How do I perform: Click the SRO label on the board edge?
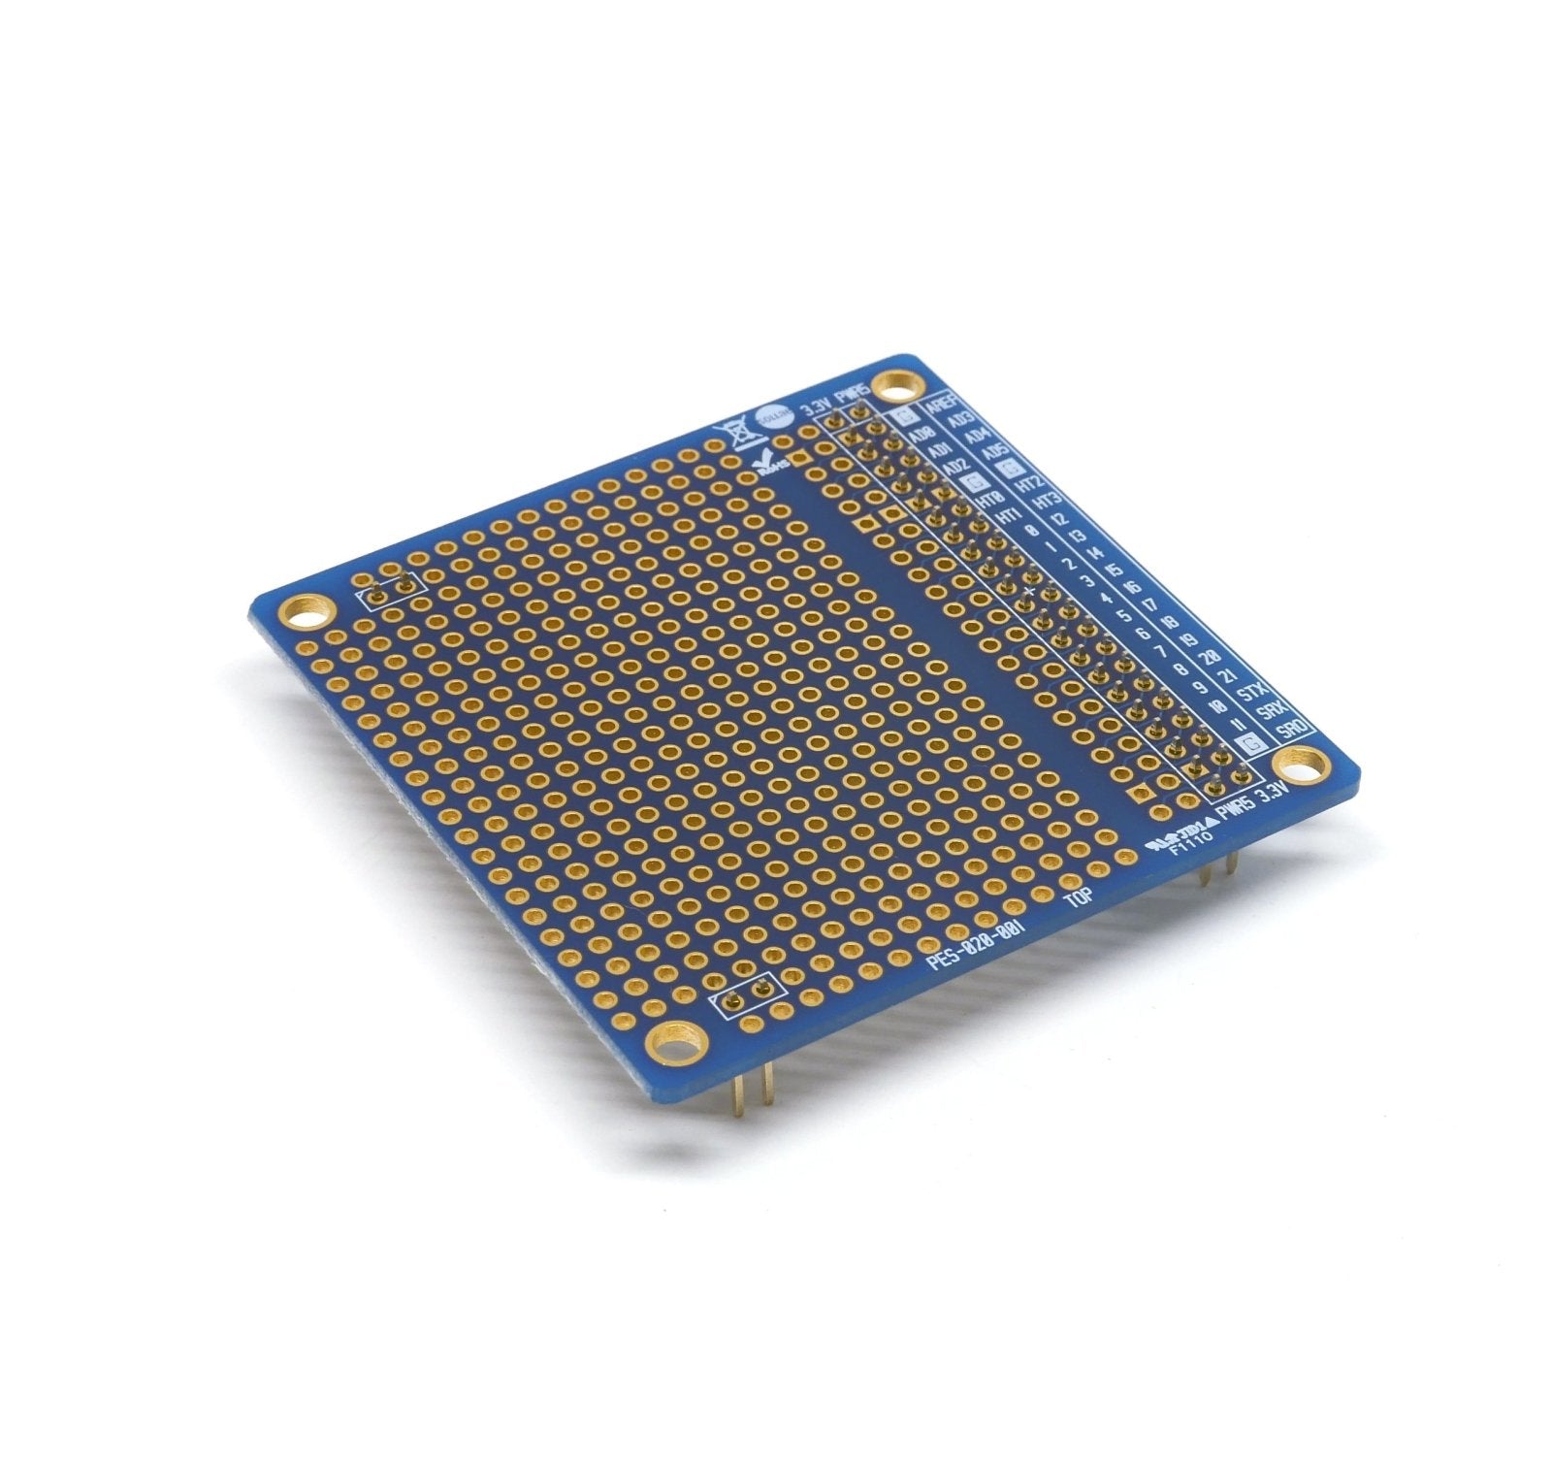1291,729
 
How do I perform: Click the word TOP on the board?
1080,897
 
